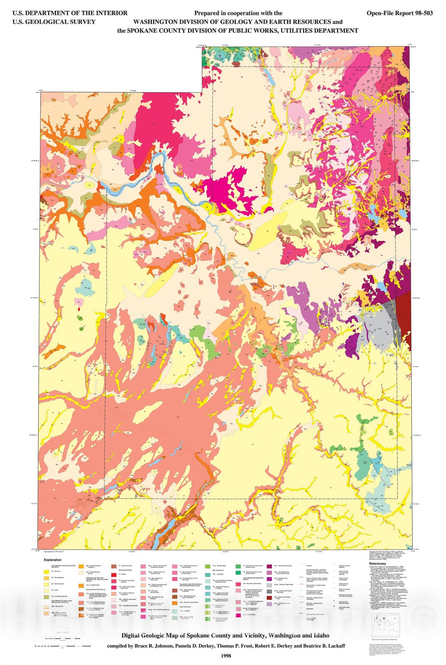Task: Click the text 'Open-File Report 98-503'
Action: click(x=399, y=13)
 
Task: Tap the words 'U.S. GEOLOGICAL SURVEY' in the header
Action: click(x=54, y=22)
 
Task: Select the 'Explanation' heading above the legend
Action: click(x=52, y=560)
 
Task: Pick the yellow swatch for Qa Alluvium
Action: click(x=46, y=572)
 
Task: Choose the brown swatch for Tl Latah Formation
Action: click(x=114, y=566)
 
